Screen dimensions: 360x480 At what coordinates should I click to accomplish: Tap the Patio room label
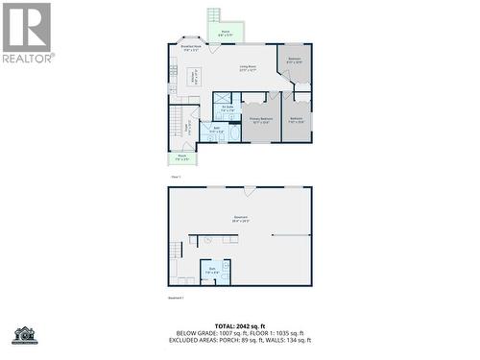coord(226,33)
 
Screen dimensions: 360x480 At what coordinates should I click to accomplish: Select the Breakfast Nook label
coord(190,48)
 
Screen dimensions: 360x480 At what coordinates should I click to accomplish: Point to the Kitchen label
coord(193,77)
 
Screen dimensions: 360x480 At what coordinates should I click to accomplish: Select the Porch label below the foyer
coord(182,156)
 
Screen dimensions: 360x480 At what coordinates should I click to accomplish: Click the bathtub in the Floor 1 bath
coord(233,133)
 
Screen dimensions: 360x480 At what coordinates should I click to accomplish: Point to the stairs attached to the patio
coord(214,17)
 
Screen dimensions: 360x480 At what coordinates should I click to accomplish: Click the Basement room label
coord(240,219)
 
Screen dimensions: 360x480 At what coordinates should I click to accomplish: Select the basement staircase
coord(176,252)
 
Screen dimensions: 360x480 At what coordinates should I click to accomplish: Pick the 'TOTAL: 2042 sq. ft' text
coord(240,326)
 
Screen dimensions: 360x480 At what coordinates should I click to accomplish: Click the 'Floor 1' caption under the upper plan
coord(176,177)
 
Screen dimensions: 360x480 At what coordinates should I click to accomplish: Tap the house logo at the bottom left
coord(24,335)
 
